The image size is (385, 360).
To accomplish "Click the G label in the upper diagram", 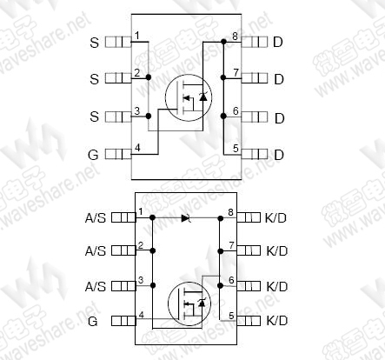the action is [x=93, y=155].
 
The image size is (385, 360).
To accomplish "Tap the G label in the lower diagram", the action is [x=92, y=321].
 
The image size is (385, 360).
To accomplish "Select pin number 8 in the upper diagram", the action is [x=235, y=37].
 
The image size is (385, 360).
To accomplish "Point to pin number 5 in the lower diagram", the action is [x=231, y=316].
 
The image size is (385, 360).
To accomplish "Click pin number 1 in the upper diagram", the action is [x=137, y=36].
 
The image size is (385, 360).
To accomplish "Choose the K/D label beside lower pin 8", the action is [x=275, y=217].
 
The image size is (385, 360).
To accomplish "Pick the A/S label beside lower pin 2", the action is [x=96, y=250].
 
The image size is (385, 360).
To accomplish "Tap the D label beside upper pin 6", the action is [x=279, y=118].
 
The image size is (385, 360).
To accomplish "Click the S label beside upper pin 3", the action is [x=95, y=117].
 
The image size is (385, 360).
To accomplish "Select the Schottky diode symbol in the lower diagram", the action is [x=186, y=217].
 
